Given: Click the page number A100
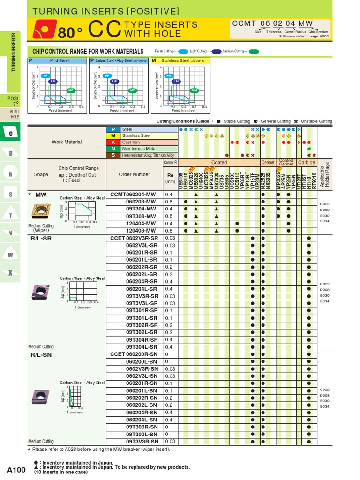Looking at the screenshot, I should point(16,469).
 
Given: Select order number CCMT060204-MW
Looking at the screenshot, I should point(133,194).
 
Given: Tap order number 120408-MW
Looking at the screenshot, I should point(141,231).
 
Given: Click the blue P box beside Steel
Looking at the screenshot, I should point(113,129).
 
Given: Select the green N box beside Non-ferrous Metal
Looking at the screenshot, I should point(113,149).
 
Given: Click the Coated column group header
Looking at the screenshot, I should point(219,163).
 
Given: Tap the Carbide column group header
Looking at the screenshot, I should point(307,163).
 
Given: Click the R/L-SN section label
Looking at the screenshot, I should point(41,355).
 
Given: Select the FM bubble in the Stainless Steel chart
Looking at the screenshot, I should point(169,75).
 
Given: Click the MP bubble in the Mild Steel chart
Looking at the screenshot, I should point(71,90).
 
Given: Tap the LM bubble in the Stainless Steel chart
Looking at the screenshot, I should point(176,82).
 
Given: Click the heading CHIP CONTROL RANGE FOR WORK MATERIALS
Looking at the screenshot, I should point(88,51).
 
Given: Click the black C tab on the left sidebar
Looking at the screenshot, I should point(11,133).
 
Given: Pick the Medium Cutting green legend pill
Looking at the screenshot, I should point(253,52).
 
